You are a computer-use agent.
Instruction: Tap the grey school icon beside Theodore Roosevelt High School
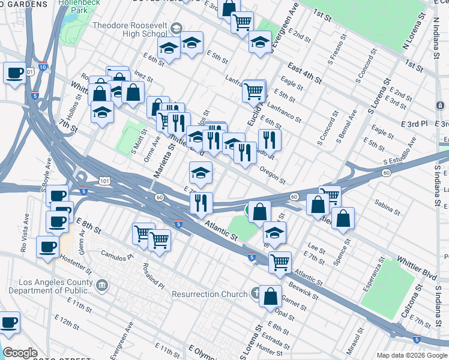pos(176,28)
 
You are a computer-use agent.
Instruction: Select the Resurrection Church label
pos(209,294)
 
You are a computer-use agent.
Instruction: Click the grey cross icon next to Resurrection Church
pos(256,293)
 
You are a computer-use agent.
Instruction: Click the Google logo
pos(20,353)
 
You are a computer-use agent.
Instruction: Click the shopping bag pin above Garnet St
pos(270,295)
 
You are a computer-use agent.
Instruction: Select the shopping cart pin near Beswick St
pos(280,261)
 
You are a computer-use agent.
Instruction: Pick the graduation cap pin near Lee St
pos(274,232)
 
